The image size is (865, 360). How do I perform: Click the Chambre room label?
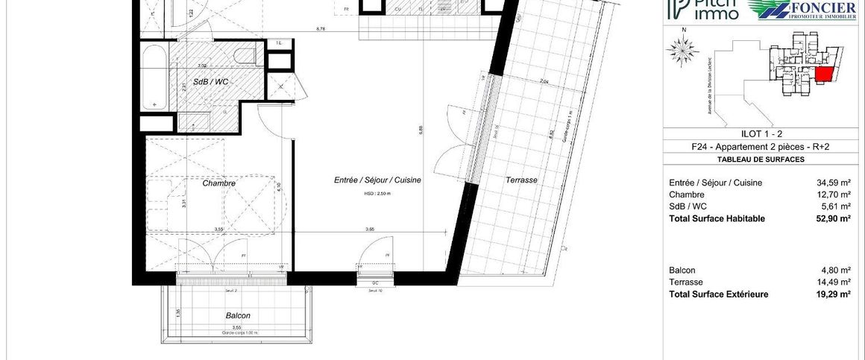coord(219,183)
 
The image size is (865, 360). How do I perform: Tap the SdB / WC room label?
coord(211,81)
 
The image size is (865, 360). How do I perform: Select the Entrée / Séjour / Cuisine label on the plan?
coord(377,180)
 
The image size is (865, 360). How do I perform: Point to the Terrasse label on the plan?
coord(521,180)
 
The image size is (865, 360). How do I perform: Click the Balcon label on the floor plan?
coord(238,315)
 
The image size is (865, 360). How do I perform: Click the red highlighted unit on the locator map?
coord(825,75)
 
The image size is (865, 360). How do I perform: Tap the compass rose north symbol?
coord(681,49)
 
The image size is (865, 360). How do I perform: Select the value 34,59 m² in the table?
coord(834,183)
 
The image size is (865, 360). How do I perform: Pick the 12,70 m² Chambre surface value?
coord(834,195)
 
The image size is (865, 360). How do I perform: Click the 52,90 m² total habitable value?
coord(834,218)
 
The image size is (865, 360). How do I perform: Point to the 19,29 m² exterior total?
coord(834,294)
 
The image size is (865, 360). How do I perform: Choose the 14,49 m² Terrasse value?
coord(834,282)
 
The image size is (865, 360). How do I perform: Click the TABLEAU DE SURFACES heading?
coord(761,160)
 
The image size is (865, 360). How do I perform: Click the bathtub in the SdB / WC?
coord(155,76)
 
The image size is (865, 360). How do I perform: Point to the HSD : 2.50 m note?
coord(377,192)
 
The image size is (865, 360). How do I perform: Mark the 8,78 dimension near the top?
coord(321,29)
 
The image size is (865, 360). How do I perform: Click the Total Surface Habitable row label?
coord(717,218)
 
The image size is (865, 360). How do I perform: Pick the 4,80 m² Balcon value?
coord(836,271)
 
